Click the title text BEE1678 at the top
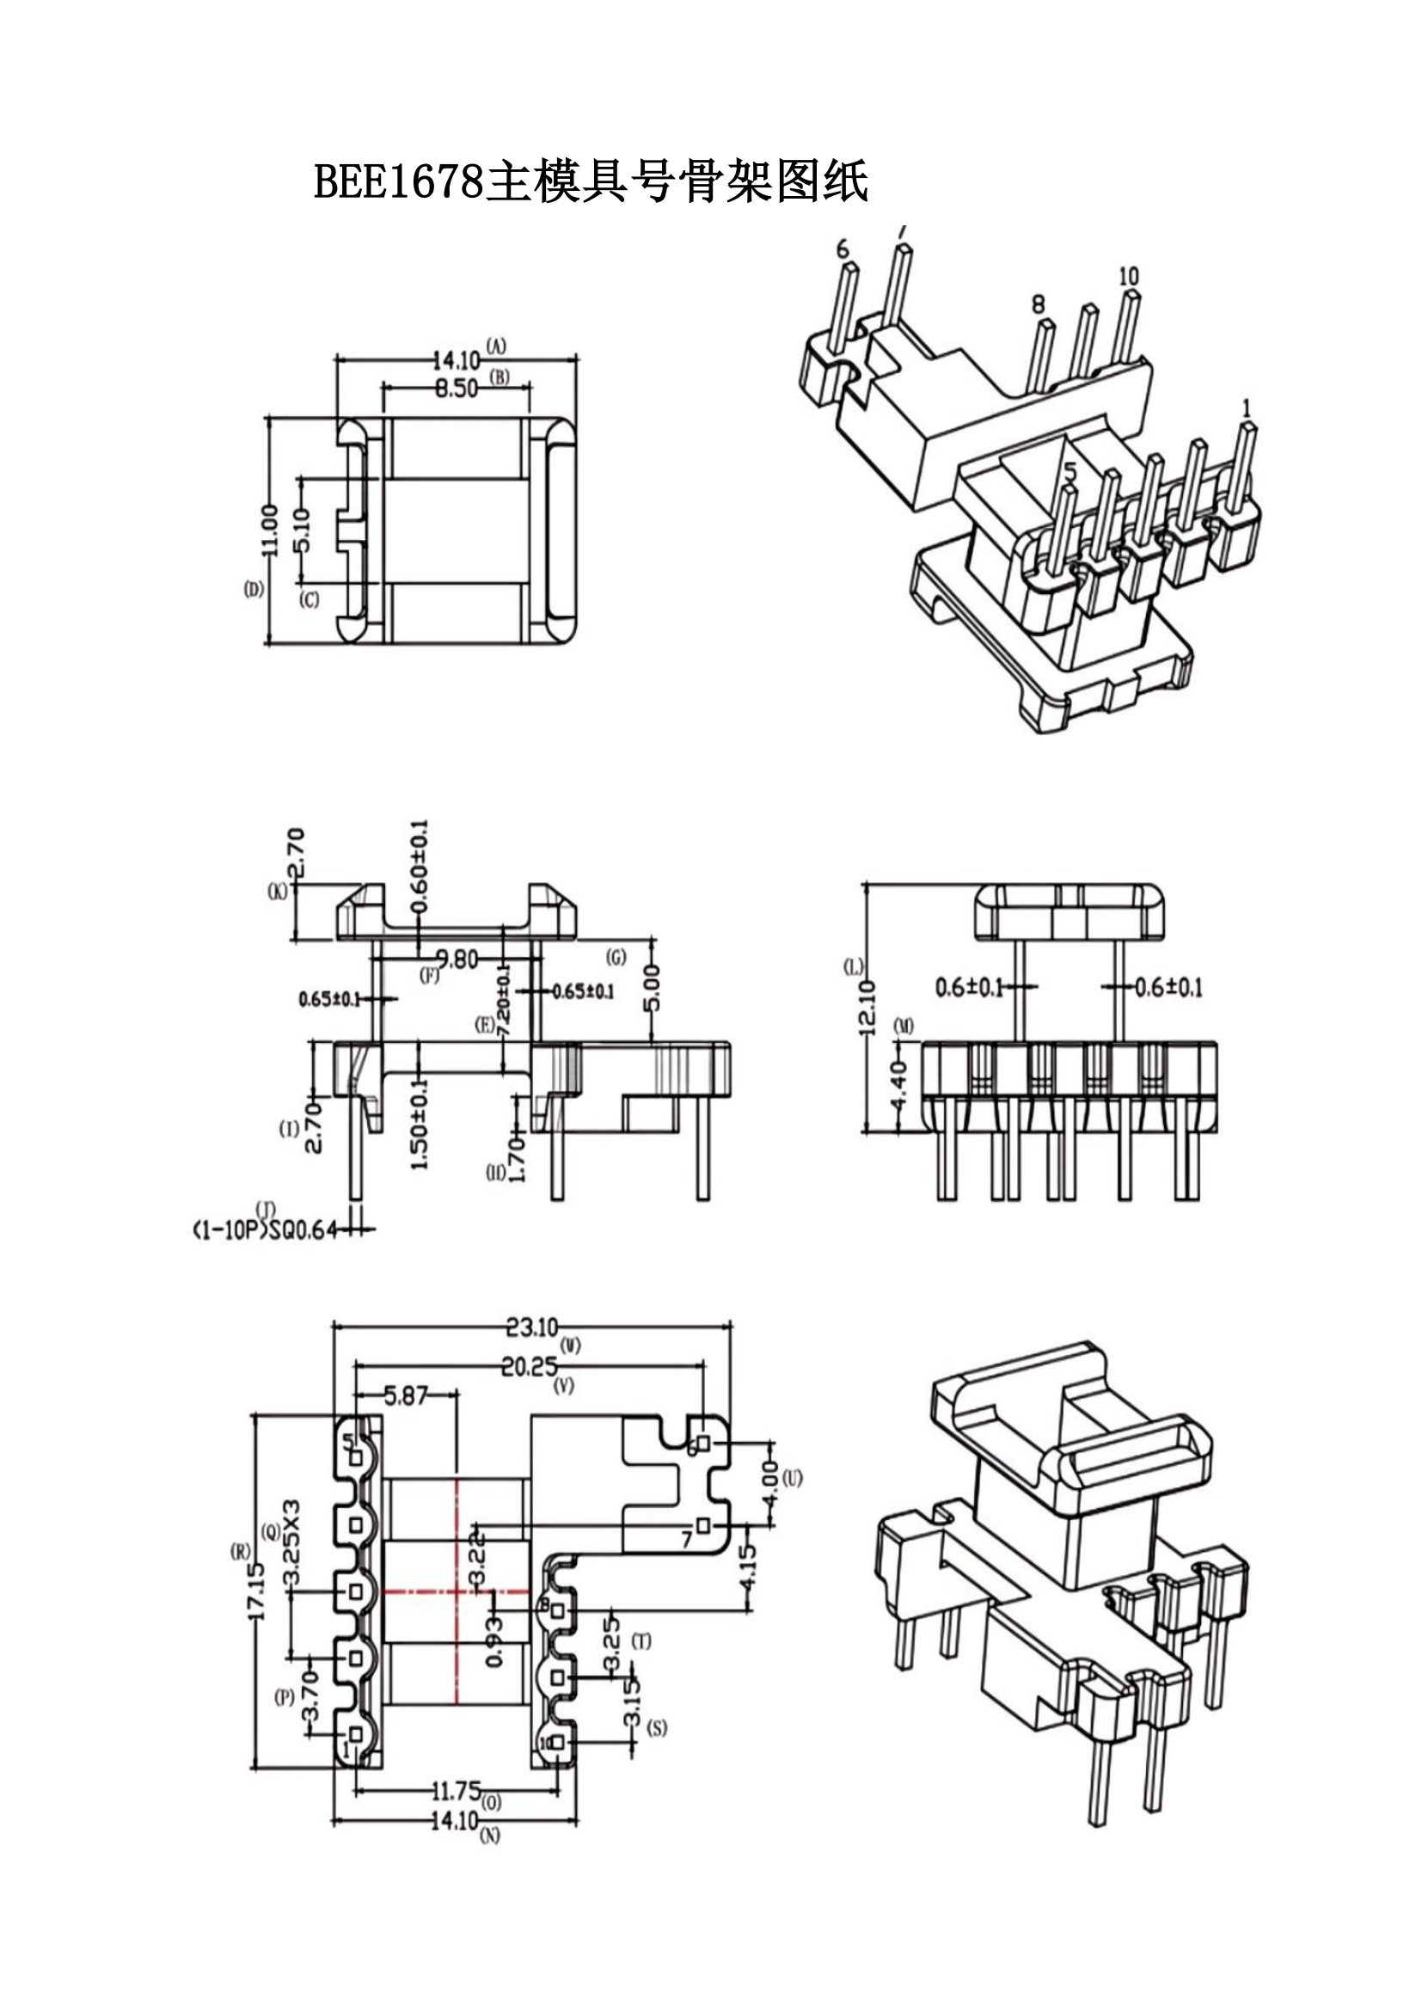(x=398, y=182)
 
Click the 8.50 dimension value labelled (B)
(x=457, y=388)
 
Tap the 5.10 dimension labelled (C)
(x=302, y=530)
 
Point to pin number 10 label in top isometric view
(x=1128, y=277)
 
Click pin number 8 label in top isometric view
(x=1038, y=303)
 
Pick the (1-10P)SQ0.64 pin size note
(x=265, y=1230)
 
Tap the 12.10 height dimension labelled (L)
(x=867, y=1008)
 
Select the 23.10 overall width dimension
(x=531, y=1327)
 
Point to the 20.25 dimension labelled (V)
(x=529, y=1366)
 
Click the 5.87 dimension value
(x=406, y=1396)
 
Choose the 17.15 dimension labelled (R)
(x=255, y=1590)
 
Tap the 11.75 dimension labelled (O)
(x=457, y=1790)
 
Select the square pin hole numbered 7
(x=703, y=1526)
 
